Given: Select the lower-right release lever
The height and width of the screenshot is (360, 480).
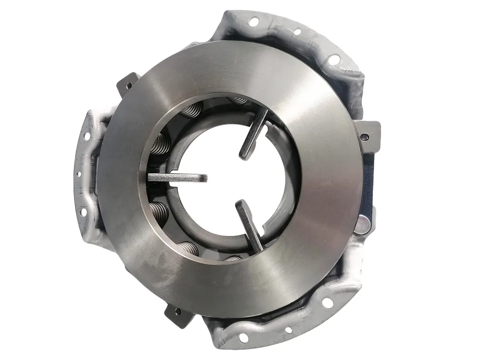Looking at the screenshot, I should click(x=250, y=226).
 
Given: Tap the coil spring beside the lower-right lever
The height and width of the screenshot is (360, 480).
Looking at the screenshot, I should click(x=233, y=259).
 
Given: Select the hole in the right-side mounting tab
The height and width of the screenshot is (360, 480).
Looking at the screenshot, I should click(x=365, y=136).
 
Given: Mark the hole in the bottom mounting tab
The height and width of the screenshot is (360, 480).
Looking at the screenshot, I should click(x=178, y=311).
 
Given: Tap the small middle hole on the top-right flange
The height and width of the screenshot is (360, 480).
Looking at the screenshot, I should click(x=298, y=32).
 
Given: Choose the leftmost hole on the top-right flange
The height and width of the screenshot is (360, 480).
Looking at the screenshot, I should click(x=254, y=21).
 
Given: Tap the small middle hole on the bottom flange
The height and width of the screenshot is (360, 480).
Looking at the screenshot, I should click(x=288, y=330).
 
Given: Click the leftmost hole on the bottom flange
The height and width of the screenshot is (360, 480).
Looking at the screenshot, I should click(x=244, y=337).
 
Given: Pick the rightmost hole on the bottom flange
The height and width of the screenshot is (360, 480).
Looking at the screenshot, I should click(x=327, y=302).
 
